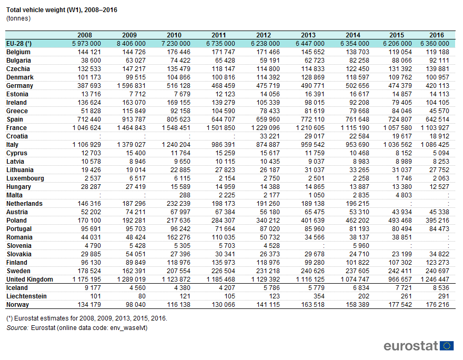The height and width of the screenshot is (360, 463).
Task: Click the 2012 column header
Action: (x=264, y=35)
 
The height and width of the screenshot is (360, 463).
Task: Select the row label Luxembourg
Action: (x=25, y=178)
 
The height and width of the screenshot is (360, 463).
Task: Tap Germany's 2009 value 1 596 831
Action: (x=131, y=86)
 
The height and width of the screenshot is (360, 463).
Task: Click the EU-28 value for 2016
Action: (x=435, y=43)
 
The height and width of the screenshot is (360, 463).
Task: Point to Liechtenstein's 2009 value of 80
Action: (x=142, y=296)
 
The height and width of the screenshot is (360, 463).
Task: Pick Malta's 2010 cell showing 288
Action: (x=185, y=195)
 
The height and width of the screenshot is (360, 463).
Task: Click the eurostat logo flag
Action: (x=447, y=346)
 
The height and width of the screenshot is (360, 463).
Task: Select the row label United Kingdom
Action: (x=29, y=279)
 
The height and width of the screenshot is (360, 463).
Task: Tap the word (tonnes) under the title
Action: (x=18, y=18)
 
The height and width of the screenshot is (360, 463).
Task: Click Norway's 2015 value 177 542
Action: (x=400, y=305)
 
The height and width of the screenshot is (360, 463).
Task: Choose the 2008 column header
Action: (x=85, y=35)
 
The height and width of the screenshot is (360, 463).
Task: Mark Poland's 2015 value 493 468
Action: (x=400, y=221)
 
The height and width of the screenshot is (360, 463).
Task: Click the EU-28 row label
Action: (x=19, y=43)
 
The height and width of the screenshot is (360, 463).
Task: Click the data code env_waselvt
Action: (x=128, y=328)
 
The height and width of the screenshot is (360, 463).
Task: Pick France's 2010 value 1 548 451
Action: (x=176, y=128)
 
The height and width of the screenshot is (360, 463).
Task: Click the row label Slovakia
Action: (x=19, y=254)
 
